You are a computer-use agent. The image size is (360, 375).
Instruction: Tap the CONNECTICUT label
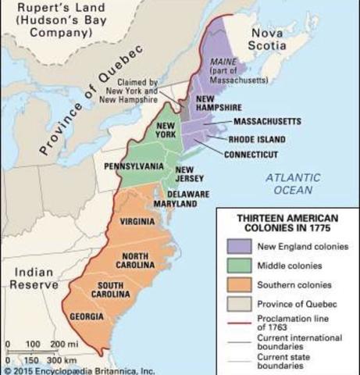point(251,155)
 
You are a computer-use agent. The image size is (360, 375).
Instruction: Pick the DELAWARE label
point(187,193)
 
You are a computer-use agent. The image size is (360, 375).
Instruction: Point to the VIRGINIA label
point(137,222)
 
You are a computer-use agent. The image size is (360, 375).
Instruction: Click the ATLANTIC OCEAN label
point(288,184)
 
